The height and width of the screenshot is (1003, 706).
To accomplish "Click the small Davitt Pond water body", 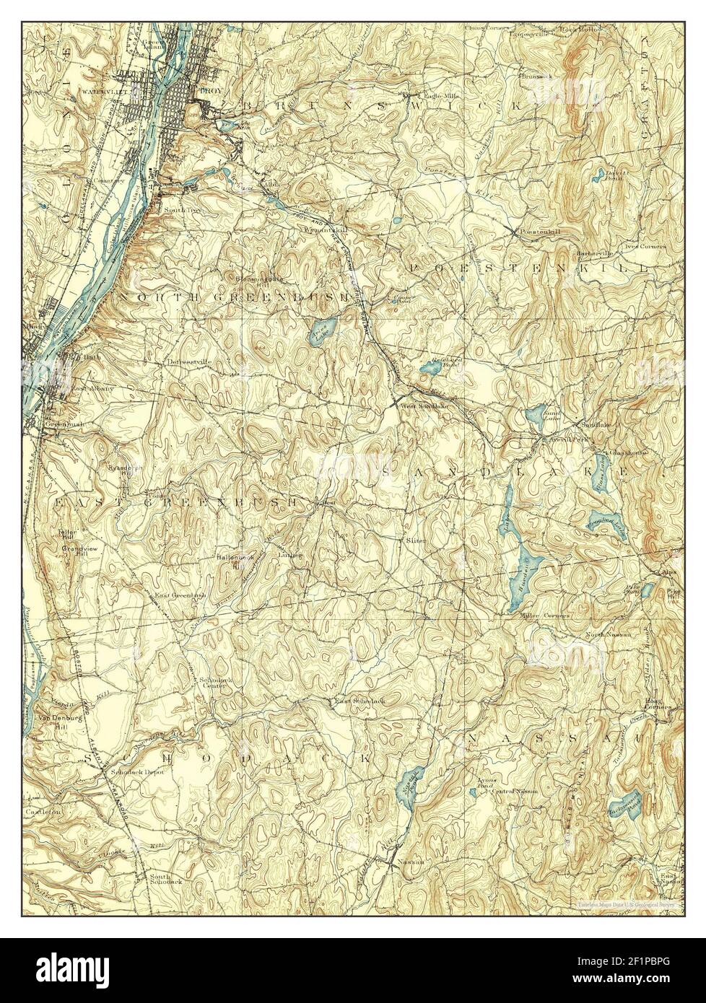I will [598, 175].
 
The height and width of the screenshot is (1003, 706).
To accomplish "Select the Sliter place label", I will [416, 539].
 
